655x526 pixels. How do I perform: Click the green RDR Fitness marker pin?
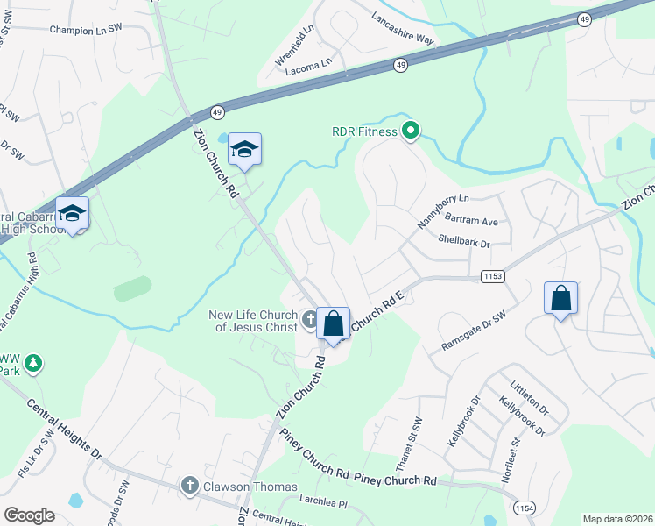click(x=411, y=132)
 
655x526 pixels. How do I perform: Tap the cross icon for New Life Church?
click(x=309, y=320)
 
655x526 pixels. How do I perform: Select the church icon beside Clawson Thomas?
click(x=189, y=485)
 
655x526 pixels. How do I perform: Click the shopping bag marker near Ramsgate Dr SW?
click(x=560, y=299)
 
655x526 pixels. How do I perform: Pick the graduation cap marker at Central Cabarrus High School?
click(x=72, y=214)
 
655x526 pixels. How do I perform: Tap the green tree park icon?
click(x=33, y=362)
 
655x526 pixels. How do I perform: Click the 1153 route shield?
click(x=493, y=277)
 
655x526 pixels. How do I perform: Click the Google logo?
click(x=29, y=515)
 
